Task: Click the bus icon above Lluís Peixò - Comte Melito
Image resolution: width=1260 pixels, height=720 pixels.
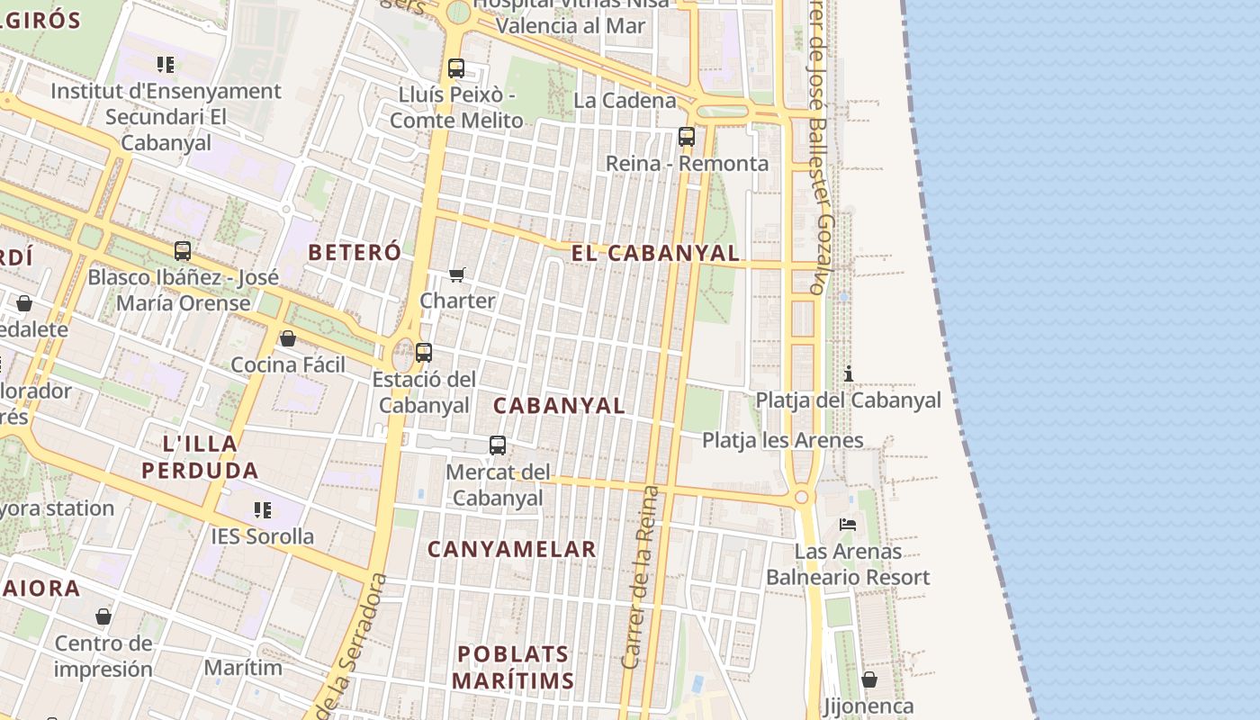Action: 456,68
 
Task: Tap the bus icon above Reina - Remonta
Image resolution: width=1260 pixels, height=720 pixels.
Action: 687,137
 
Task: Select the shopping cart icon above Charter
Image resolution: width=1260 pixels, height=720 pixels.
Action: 457,274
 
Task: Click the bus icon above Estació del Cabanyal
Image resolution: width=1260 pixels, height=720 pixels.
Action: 424,353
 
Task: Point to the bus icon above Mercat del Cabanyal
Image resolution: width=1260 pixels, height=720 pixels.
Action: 498,445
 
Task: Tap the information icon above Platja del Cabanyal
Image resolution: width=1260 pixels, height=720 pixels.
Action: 848,373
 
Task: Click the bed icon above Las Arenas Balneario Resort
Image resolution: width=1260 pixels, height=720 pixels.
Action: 848,524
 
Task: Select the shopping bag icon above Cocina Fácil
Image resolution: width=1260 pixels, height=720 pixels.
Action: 288,338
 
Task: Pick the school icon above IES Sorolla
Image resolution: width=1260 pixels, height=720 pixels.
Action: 263,510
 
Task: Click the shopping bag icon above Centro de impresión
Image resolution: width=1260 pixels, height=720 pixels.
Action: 103,616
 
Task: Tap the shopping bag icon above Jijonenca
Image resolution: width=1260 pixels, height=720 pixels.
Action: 869,679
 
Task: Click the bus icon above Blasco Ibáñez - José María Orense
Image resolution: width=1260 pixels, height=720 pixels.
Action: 183,251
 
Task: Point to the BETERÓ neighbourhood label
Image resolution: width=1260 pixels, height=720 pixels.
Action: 355,253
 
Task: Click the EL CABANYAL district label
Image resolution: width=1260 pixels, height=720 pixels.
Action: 655,254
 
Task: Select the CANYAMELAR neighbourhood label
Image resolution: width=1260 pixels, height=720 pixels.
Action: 511,549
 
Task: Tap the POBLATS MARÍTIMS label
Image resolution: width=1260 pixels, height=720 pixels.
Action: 513,667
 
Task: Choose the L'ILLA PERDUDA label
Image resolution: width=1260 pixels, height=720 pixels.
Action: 200,456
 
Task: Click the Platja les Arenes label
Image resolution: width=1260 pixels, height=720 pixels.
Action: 782,440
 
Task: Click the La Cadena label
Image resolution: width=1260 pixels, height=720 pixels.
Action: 625,100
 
